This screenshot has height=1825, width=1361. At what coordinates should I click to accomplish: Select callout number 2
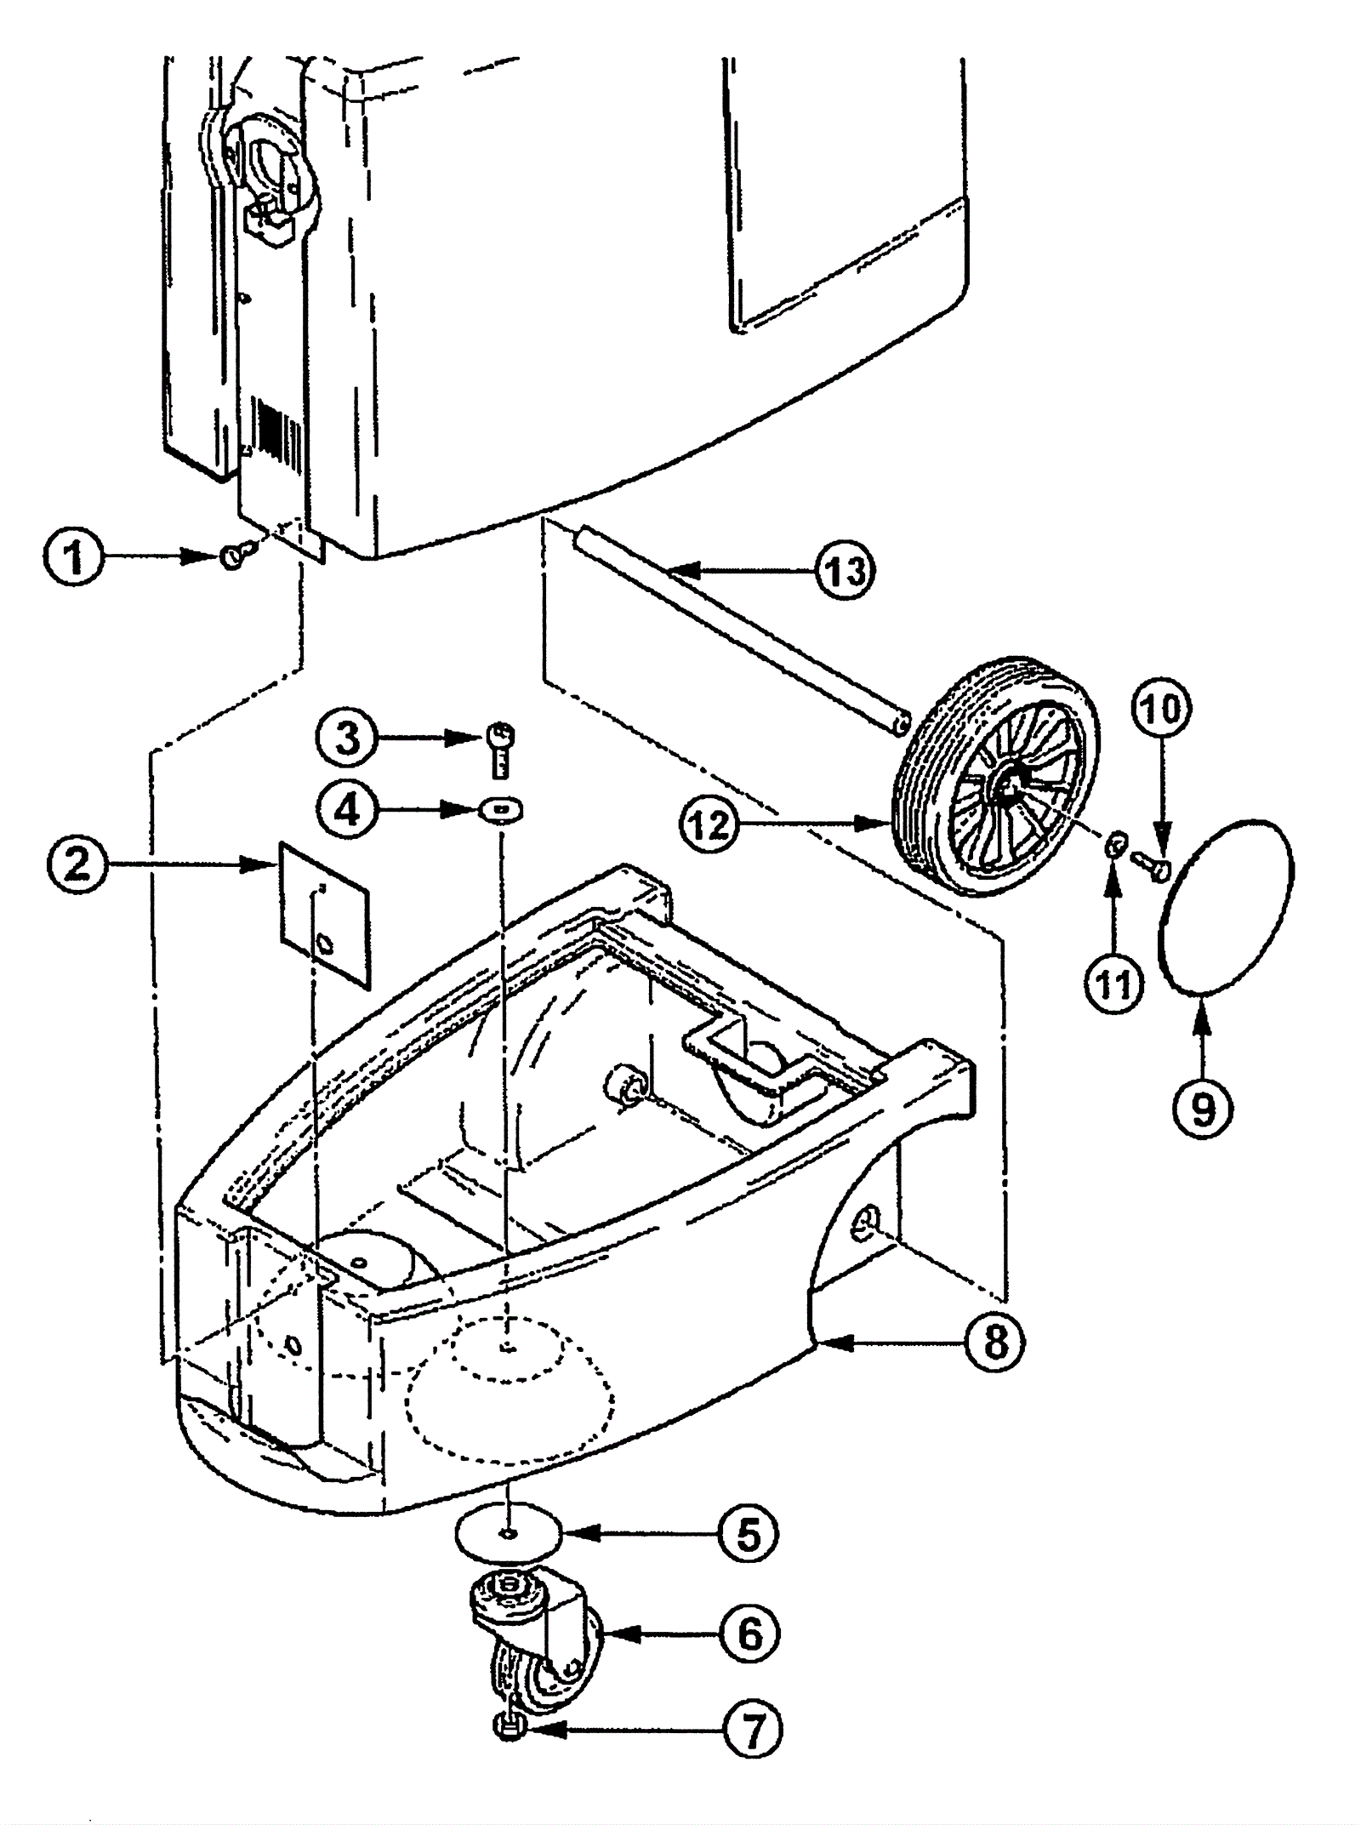(x=77, y=864)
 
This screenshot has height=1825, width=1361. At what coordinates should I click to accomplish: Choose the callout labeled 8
(x=994, y=1342)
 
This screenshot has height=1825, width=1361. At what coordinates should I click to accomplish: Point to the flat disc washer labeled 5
(x=509, y=1533)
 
